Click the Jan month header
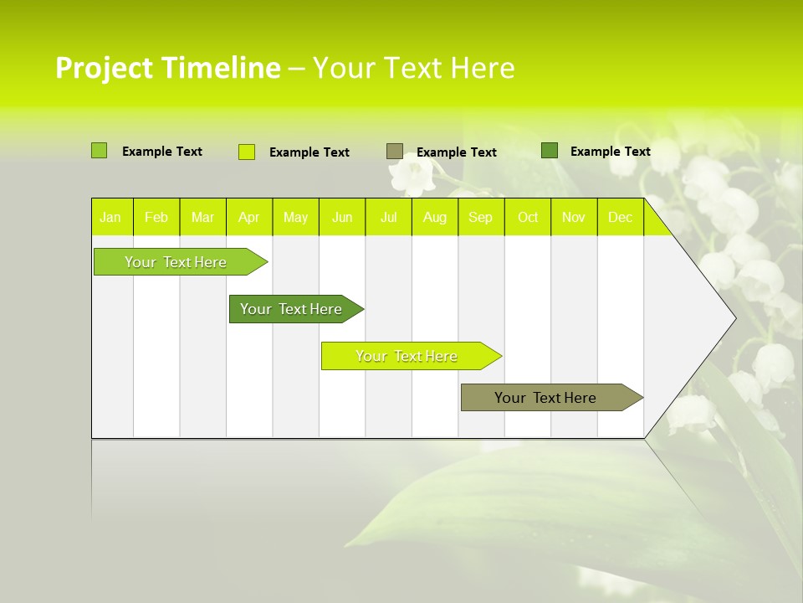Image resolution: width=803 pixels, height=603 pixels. (x=110, y=218)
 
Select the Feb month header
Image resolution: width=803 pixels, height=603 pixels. (x=156, y=218)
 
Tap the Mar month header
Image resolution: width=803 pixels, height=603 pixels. (x=202, y=218)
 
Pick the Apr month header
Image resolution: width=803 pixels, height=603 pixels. (x=249, y=218)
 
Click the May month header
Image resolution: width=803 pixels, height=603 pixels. (x=295, y=218)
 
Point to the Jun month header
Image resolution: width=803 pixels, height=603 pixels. (x=342, y=218)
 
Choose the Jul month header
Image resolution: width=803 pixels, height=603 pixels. (x=388, y=218)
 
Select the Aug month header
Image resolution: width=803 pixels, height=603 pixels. (x=435, y=218)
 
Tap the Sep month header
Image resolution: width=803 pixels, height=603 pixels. (x=481, y=218)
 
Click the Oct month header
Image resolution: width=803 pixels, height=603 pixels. (x=528, y=218)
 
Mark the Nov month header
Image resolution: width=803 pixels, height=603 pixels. (x=574, y=218)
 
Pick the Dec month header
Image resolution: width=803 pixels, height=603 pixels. (x=620, y=218)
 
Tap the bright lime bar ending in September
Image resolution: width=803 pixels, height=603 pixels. (x=407, y=356)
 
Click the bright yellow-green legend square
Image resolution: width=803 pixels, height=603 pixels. (x=247, y=152)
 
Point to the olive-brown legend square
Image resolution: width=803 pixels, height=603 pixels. (x=395, y=151)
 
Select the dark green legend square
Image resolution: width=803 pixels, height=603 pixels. (x=550, y=150)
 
